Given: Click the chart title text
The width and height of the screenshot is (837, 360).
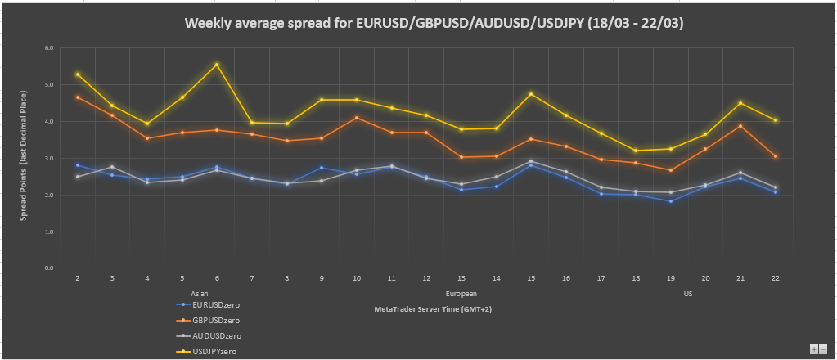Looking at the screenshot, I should click(434, 24).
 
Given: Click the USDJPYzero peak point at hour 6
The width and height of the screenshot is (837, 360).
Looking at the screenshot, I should click(217, 65).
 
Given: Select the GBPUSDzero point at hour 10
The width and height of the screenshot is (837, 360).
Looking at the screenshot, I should click(357, 117).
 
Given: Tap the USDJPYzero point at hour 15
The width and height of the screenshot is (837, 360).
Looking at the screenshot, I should click(531, 94).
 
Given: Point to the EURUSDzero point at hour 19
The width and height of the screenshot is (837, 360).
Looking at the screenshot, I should click(670, 201).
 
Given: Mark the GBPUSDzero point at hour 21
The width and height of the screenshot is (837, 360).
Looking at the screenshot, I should click(740, 126).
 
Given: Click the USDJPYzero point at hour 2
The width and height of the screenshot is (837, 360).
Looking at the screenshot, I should click(78, 74).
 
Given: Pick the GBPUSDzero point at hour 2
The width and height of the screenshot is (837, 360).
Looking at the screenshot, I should click(78, 97).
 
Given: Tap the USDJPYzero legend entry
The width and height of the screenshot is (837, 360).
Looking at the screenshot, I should click(209, 351).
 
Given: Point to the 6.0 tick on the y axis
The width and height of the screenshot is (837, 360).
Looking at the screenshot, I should click(48, 48).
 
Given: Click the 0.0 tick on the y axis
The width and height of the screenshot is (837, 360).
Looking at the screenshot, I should click(48, 268).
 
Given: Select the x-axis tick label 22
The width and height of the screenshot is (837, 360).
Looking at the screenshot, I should click(775, 279).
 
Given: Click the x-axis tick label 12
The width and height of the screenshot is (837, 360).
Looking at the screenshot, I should click(426, 279).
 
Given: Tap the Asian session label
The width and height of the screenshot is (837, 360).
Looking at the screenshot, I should click(199, 293).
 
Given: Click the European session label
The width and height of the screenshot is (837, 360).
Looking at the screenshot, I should click(461, 293).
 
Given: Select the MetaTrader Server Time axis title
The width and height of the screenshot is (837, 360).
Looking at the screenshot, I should click(432, 309).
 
